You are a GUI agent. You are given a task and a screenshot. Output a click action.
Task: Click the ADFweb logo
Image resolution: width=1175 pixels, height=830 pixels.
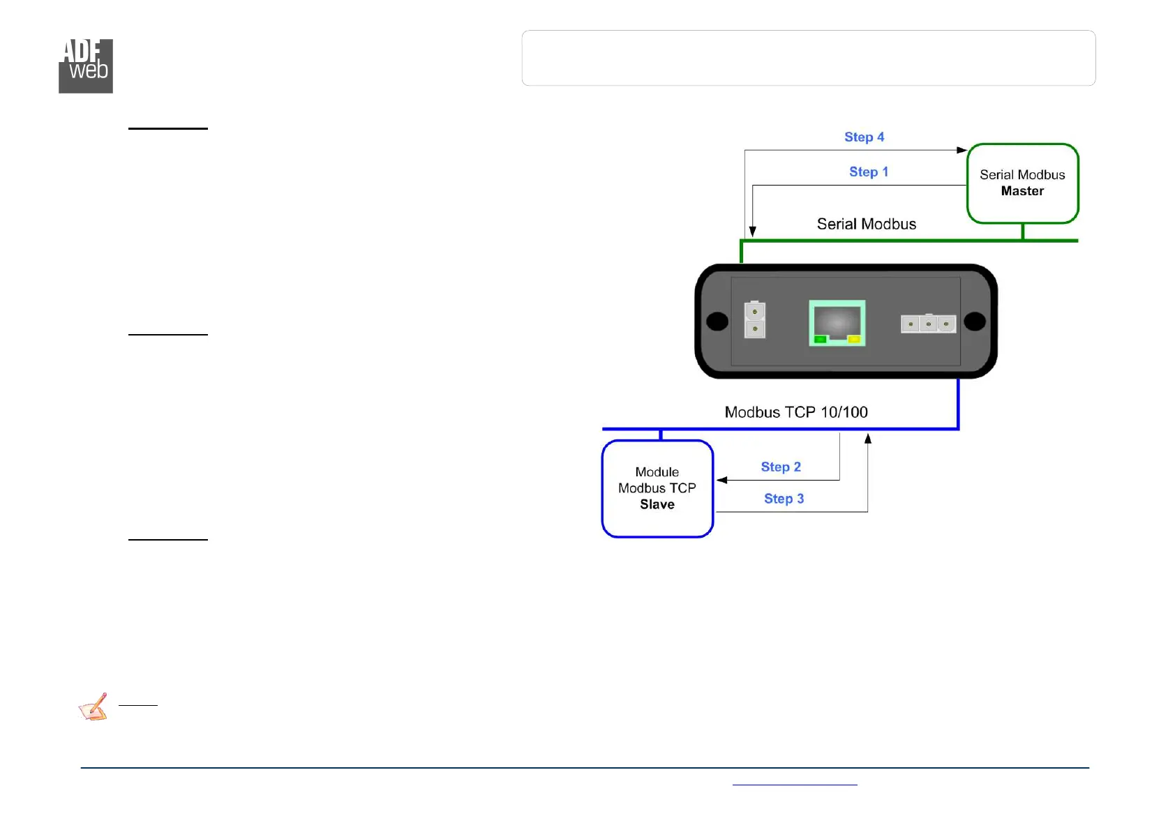[85, 66]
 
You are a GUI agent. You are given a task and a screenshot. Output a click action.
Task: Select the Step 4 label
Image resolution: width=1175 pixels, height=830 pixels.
[864, 137]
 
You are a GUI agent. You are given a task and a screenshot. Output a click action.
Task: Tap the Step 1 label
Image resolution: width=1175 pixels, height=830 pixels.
[868, 172]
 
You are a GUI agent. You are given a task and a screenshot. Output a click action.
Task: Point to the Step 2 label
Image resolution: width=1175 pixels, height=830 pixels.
[780, 467]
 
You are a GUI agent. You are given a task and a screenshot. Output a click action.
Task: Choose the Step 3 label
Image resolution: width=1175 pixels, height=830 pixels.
[784, 499]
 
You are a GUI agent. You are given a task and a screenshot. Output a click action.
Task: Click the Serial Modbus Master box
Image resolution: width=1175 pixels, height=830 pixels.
[1022, 183]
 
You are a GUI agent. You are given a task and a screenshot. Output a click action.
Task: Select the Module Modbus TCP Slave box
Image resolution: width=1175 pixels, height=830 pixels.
[657, 488]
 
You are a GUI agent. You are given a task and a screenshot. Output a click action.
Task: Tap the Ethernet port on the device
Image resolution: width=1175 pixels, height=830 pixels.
[837, 322]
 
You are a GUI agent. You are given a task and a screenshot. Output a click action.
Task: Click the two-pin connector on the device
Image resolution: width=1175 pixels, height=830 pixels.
[754, 319]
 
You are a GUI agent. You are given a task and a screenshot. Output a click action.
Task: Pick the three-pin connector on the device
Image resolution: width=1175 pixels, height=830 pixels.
[928, 324]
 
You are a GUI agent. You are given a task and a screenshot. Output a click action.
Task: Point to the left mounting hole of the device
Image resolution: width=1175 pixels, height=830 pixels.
[717, 321]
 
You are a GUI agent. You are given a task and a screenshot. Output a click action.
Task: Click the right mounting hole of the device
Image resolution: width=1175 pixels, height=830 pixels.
[974, 321]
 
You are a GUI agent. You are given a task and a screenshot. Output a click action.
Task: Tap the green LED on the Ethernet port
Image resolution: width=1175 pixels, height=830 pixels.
[821, 340]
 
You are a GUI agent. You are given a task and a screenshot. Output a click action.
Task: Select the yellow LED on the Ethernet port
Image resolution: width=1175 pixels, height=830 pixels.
[853, 340]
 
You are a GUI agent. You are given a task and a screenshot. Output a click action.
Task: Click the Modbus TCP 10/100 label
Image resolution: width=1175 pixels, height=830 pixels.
[795, 412]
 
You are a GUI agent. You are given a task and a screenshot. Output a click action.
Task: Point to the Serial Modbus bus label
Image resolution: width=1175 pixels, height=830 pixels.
[866, 224]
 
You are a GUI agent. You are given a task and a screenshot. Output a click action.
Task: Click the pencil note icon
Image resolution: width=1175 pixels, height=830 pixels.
[93, 707]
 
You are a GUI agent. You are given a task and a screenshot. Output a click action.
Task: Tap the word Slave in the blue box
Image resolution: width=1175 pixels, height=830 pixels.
[657, 504]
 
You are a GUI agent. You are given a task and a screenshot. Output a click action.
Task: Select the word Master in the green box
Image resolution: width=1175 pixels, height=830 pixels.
[1022, 191]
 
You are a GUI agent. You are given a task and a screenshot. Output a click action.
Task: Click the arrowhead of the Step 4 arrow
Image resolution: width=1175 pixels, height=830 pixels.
[961, 150]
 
